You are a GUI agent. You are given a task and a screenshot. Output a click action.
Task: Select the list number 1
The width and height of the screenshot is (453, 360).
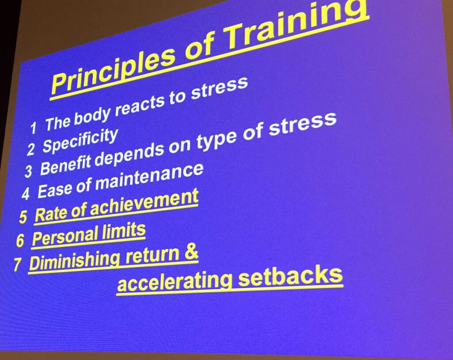pyautogui.click(x=34, y=128)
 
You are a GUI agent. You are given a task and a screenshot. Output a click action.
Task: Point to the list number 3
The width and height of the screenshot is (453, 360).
pyautogui.click(x=28, y=171)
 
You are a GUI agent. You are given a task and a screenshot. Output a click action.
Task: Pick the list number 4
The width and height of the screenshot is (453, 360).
pyautogui.click(x=25, y=194)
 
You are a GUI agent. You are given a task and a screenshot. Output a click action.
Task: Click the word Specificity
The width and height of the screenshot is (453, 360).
pyautogui.click(x=81, y=141)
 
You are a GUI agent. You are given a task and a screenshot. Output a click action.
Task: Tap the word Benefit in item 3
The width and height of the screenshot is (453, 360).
pyautogui.click(x=66, y=163)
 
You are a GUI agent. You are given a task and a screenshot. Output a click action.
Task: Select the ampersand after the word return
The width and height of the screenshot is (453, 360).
pyautogui.click(x=191, y=252)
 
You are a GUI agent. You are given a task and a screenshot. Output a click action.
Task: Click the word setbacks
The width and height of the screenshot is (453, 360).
pyautogui.click(x=290, y=276)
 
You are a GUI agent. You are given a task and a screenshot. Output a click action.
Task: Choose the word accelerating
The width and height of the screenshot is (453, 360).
pyautogui.click(x=174, y=282)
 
